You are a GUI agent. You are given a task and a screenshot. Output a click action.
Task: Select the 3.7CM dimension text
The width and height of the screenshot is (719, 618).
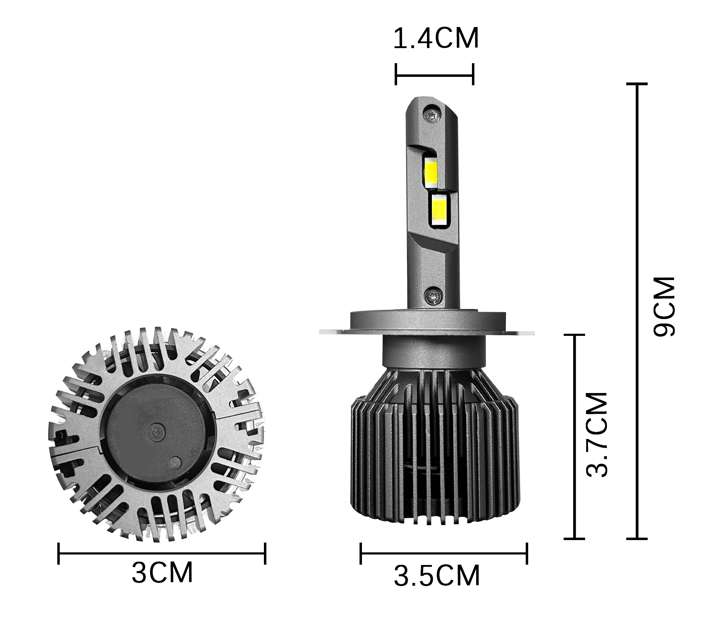[597, 435]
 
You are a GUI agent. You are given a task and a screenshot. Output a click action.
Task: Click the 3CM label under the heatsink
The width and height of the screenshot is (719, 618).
[162, 572]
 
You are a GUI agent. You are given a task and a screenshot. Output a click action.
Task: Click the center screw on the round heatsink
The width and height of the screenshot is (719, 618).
[157, 431]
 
